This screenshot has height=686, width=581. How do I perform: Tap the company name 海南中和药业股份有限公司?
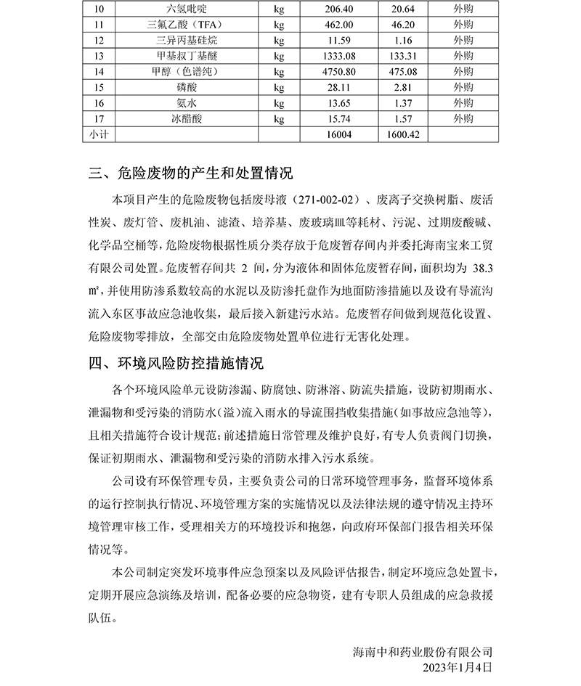(x=422, y=651)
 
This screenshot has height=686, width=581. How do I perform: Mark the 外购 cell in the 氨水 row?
(x=462, y=103)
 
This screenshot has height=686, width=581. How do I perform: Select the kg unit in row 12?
(x=279, y=40)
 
